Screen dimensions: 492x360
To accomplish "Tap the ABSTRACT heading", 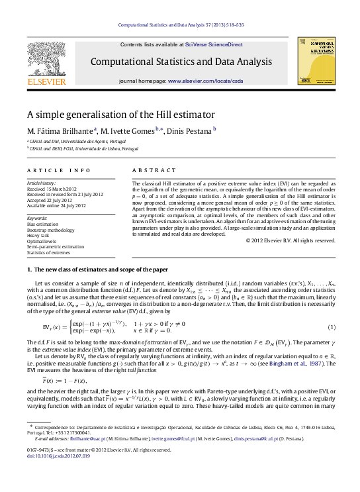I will point(149,170).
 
